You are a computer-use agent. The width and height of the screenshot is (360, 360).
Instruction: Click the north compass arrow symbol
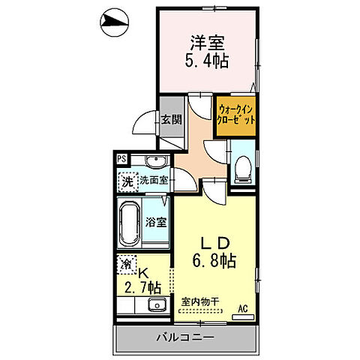[113, 24]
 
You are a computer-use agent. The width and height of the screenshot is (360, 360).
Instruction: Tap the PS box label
[121, 158]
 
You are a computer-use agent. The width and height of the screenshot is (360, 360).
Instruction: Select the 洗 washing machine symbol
[127, 181]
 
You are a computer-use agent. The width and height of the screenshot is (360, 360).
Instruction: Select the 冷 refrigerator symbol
[127, 265]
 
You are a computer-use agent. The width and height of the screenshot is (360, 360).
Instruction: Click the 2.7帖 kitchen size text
[142, 286]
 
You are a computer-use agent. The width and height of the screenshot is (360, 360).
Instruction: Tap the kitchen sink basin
[157, 304]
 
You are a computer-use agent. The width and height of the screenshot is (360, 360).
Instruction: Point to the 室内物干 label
[200, 303]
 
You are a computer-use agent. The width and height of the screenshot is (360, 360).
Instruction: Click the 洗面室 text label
[153, 181]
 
